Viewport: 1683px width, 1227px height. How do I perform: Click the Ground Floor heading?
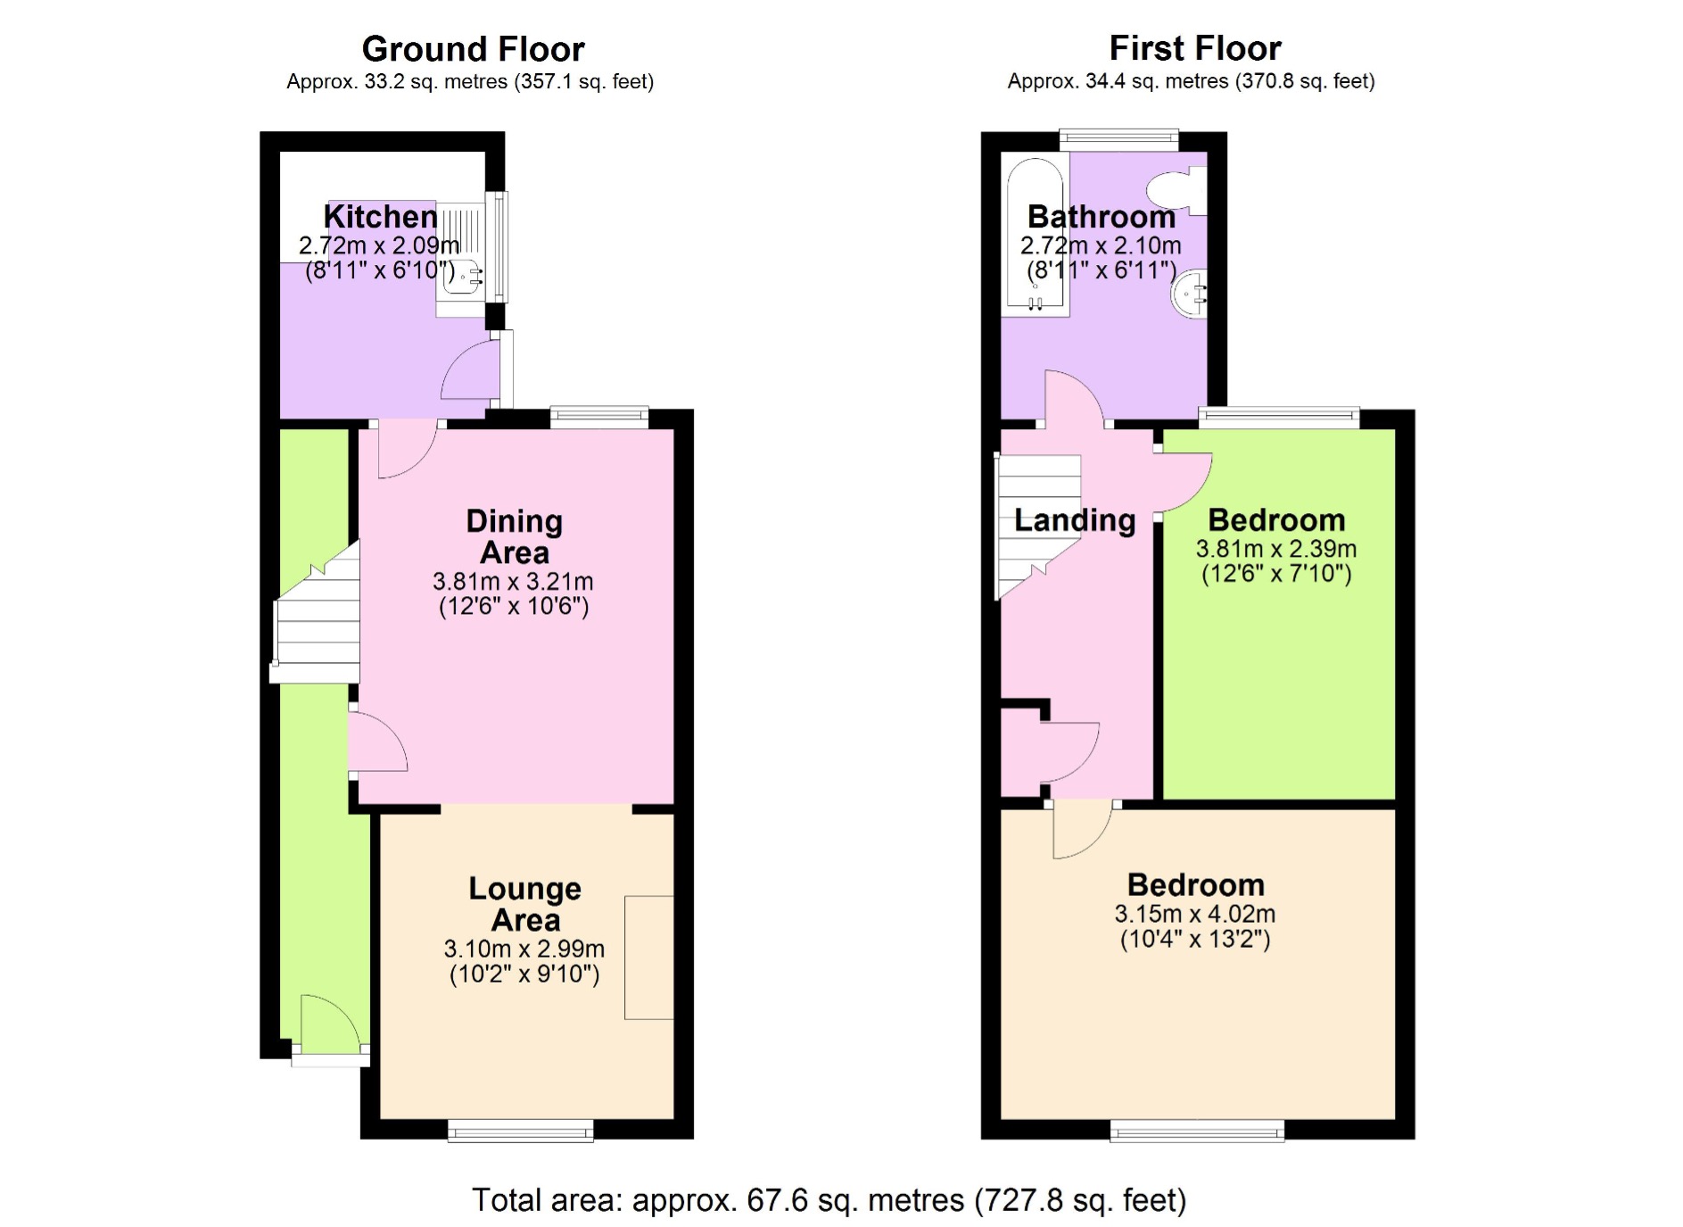tap(473, 48)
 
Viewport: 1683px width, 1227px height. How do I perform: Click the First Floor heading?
tap(1194, 47)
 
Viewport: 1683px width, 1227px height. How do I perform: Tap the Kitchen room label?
tap(380, 217)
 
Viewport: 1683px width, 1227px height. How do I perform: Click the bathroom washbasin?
tap(1191, 293)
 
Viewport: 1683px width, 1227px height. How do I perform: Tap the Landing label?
tap(1075, 520)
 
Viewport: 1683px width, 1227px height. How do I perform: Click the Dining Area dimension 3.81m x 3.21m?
tap(513, 582)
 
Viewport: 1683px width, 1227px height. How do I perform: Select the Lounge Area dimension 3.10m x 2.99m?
tap(524, 949)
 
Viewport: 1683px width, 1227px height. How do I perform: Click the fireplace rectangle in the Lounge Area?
tap(648, 958)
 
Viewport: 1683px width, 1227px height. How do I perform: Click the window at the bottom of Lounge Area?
tap(521, 1132)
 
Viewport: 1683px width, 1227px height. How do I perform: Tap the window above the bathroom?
tap(1118, 138)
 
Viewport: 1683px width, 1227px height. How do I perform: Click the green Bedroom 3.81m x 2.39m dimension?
tap(1275, 549)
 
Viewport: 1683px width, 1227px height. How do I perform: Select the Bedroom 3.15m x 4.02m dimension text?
tap(1194, 914)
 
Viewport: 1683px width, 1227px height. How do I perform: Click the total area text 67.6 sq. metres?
tap(829, 1200)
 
